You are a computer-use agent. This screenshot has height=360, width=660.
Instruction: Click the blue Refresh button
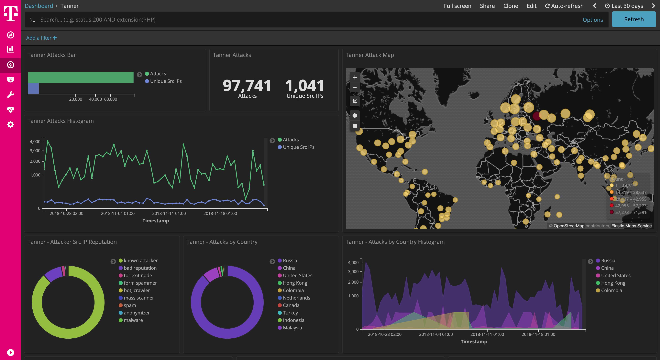[x=634, y=19]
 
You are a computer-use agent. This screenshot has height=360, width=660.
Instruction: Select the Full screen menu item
[x=457, y=6]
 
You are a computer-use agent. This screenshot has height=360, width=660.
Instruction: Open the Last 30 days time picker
[x=624, y=6]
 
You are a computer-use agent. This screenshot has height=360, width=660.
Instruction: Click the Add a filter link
[x=41, y=38]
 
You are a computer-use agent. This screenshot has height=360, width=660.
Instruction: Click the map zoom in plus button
[x=355, y=77]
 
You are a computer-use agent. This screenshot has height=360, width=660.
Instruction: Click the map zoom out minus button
[x=355, y=88]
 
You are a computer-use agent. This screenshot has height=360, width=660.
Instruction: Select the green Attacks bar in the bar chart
[x=81, y=77]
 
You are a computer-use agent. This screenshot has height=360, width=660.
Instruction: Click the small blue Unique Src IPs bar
[x=33, y=89]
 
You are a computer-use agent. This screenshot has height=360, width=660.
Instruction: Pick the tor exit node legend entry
[x=137, y=276]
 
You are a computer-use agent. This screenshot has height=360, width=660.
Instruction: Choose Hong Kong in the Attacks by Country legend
[x=295, y=283]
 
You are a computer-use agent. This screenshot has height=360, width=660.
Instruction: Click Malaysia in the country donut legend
[x=292, y=328]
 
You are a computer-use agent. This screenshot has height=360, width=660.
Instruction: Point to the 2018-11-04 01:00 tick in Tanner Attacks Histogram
[x=118, y=213]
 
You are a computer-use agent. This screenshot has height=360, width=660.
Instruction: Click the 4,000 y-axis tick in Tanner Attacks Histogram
[x=35, y=142]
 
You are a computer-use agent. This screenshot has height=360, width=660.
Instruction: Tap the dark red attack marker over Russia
[x=536, y=116]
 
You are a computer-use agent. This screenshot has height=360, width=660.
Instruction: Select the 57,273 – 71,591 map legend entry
[x=630, y=212]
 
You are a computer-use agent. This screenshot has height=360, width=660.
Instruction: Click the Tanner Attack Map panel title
[x=369, y=55]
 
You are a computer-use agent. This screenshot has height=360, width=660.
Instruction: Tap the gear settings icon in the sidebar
[x=10, y=125]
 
